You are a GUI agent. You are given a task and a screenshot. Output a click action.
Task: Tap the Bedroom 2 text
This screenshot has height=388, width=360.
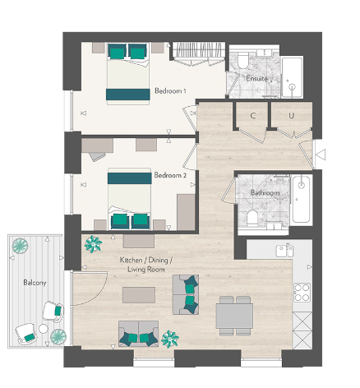point(170,175)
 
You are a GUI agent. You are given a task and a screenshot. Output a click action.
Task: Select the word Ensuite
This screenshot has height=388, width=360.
point(256,78)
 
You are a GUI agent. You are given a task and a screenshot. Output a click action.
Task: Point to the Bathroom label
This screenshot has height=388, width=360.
point(265,193)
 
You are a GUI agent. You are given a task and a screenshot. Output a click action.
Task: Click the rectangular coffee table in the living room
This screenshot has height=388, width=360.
point(137,294)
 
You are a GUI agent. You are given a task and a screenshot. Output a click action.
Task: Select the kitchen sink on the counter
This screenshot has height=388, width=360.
point(284,250)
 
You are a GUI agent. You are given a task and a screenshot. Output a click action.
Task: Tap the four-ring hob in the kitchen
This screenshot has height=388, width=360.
point(302,293)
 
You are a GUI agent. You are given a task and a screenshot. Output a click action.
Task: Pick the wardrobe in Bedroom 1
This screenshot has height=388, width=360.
point(200,55)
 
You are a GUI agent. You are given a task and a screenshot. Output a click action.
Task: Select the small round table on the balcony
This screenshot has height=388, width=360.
point(58,336)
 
